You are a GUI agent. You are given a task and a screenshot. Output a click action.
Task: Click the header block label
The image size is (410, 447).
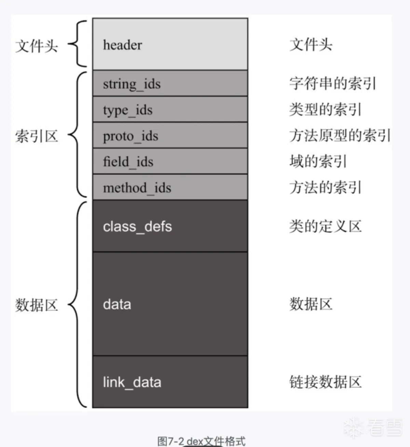click(x=122, y=45)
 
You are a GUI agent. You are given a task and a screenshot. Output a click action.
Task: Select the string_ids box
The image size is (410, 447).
click(x=170, y=83)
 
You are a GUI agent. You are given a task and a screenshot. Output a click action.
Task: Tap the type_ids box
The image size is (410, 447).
click(x=170, y=109)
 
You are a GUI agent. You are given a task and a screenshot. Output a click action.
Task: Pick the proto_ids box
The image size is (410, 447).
click(x=170, y=135)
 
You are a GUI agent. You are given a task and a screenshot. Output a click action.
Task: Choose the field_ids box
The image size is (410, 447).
click(x=170, y=161)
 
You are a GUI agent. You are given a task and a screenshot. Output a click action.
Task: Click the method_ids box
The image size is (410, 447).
click(x=170, y=187)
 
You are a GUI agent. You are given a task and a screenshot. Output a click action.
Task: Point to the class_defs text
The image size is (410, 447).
click(x=137, y=227)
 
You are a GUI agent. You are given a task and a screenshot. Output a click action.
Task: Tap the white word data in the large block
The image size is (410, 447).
click(x=117, y=304)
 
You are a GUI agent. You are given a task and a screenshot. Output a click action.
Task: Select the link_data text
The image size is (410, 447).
click(x=132, y=382)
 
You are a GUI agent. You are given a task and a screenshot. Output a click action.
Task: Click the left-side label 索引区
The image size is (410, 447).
click(x=37, y=136)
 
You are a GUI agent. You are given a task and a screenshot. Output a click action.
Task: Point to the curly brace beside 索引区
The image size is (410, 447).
click(x=77, y=135)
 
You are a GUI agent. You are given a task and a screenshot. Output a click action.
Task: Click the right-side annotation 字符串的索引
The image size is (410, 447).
click(x=333, y=84)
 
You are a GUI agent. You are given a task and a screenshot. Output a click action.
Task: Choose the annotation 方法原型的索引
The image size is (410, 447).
click(x=340, y=135)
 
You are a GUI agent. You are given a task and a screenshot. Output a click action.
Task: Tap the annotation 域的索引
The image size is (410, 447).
click(x=318, y=161)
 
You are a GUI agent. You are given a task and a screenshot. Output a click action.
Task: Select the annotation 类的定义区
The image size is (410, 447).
click(x=325, y=226)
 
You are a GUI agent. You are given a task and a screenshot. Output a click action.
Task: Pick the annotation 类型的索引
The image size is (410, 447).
click(x=325, y=109)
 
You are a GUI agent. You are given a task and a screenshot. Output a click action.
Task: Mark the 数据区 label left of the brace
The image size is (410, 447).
click(x=37, y=305)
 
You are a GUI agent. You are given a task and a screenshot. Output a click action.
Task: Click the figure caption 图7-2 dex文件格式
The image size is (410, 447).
click(x=201, y=441)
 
